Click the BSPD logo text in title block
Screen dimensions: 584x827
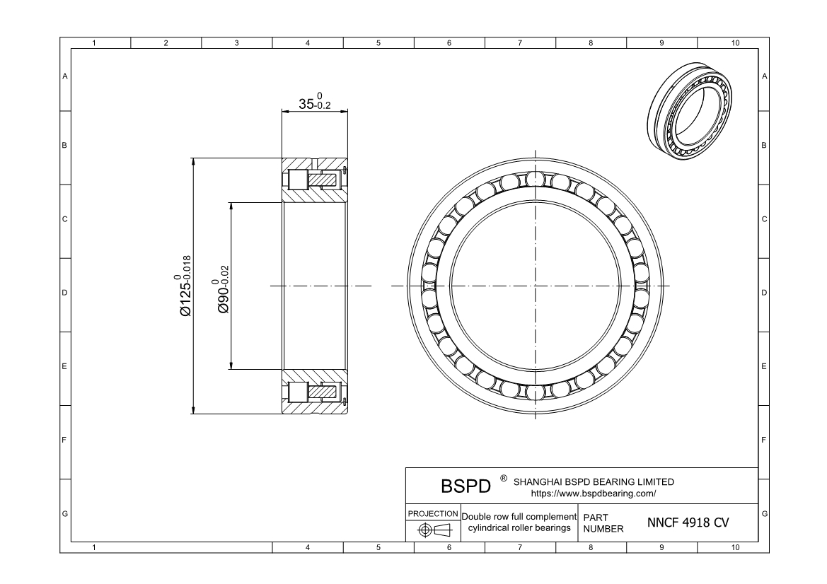click(465, 486)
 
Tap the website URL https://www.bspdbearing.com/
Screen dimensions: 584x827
click(593, 493)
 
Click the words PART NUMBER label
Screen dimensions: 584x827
click(603, 523)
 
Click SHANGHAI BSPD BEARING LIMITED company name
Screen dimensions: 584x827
click(594, 481)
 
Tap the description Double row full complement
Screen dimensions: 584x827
click(519, 517)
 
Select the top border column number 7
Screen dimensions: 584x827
click(520, 44)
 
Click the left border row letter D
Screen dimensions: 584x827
click(65, 293)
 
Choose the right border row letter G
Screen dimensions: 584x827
click(764, 513)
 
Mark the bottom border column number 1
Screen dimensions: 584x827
click(95, 547)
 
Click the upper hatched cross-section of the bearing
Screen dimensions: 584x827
click(315, 180)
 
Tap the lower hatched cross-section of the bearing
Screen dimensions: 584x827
click(315, 392)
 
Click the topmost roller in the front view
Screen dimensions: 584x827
click(536, 180)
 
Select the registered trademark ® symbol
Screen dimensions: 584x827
click(503, 479)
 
